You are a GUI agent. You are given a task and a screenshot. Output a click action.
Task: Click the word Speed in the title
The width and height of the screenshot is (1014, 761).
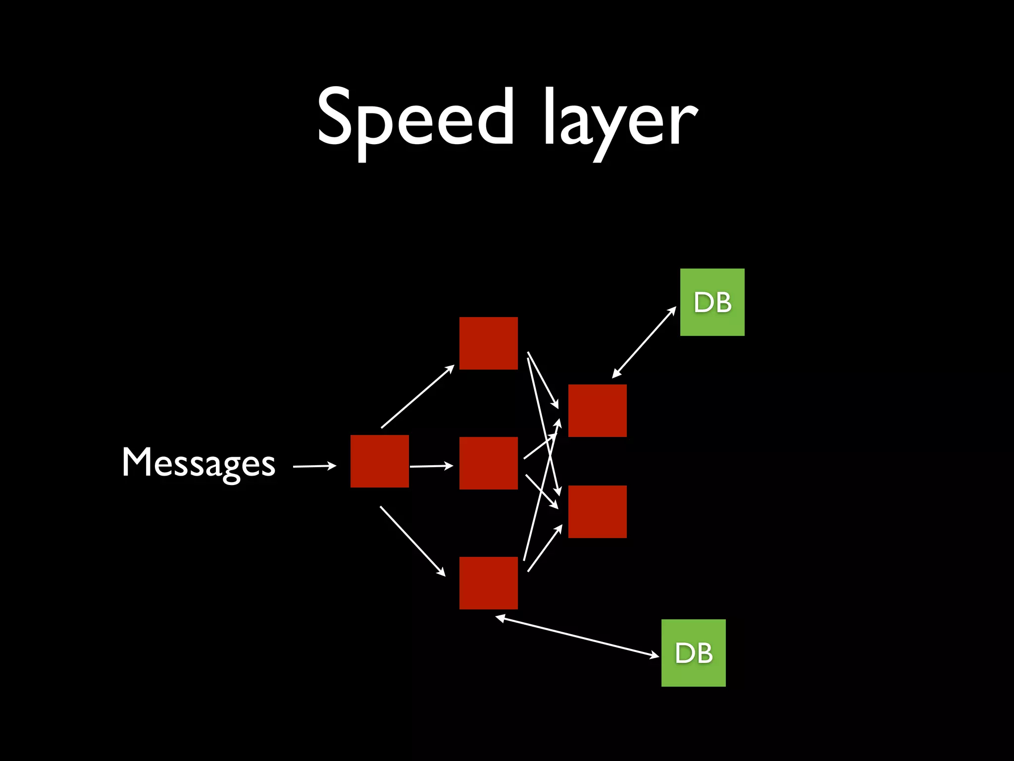[415, 118]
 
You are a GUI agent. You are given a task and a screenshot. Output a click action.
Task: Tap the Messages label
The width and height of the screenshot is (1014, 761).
[198, 463]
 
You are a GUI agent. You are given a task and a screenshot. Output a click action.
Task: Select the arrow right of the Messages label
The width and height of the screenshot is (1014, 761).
[314, 466]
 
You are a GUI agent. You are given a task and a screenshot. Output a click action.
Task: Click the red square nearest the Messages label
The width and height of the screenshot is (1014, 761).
[379, 461]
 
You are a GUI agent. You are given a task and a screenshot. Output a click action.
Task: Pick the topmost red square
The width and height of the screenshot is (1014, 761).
[488, 343]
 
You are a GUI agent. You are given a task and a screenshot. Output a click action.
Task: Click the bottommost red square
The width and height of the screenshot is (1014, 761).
[488, 583]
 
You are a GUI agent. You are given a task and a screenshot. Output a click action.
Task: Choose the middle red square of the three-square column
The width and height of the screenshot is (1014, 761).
[488, 463]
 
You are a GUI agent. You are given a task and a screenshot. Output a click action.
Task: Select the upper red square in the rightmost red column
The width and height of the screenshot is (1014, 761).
[597, 411]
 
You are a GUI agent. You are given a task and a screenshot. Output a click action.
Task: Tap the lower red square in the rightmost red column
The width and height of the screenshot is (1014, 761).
[597, 512]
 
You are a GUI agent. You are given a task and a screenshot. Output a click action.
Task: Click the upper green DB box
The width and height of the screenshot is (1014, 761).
[712, 302]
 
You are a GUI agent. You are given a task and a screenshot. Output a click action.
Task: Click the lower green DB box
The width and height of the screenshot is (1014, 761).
[693, 652]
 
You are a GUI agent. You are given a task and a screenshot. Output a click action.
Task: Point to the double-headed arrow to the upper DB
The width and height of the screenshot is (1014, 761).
[644, 342]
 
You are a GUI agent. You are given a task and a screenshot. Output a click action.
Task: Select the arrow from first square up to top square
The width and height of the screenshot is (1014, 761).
[417, 396]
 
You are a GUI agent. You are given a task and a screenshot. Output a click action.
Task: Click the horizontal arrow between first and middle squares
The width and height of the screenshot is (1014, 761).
[431, 466]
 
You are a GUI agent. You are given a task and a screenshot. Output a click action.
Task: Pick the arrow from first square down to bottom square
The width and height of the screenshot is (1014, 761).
[412, 541]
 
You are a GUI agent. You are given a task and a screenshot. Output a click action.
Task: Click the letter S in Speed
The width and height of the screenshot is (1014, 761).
[338, 117]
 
